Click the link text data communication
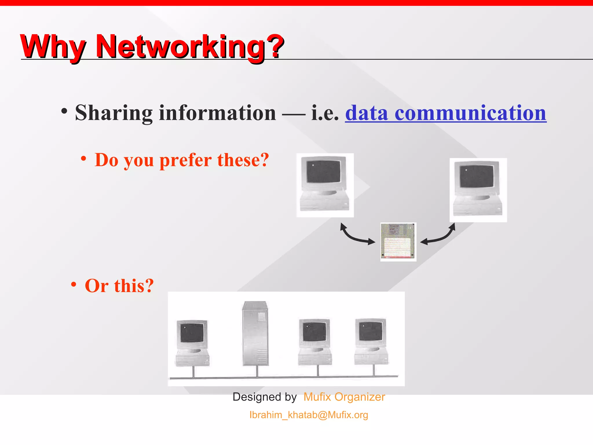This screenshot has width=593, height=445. coord(446,113)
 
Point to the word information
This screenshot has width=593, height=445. coord(217,113)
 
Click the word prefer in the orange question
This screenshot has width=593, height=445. coord(185,160)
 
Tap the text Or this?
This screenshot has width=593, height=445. coord(119,286)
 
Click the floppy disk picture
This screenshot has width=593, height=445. coord(398,241)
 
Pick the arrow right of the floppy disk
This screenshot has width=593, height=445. coord(438,235)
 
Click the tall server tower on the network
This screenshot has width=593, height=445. coord(255,333)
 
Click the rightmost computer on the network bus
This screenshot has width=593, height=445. coord(371,342)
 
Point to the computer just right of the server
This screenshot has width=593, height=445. coord(315,342)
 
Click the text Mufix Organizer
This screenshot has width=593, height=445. coord(344,397)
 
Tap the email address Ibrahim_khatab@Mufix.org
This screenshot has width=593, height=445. coord(309,415)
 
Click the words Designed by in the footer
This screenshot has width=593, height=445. coord(264,397)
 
